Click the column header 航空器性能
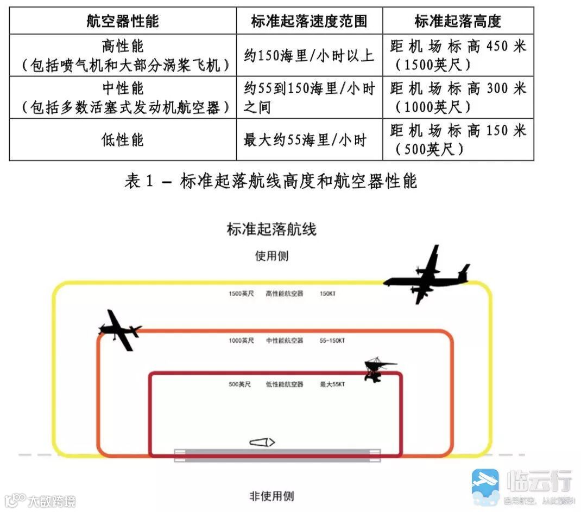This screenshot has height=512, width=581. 123,21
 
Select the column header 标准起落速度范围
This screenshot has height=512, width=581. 309,21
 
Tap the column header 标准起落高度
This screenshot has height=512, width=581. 458,21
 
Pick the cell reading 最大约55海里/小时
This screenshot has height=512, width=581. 305,140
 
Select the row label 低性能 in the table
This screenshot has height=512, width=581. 123,140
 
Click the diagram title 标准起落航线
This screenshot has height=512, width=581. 271,229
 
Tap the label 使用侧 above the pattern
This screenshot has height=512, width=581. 271,256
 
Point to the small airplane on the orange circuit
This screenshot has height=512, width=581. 120,329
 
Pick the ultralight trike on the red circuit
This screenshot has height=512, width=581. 375,369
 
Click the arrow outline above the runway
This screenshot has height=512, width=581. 262,442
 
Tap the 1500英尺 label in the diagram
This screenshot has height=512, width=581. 241,294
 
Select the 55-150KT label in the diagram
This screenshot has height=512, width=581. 332,341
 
